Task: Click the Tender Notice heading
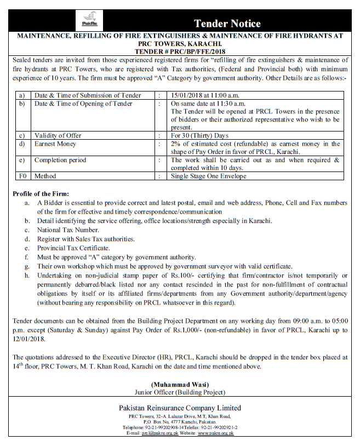227,24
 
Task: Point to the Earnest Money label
55,144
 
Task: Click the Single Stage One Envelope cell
209,176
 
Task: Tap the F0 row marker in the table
22,176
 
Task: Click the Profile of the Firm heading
41,194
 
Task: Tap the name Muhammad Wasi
180,385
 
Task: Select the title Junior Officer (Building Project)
180,392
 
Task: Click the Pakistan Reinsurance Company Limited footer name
180,408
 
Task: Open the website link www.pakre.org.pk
216,433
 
